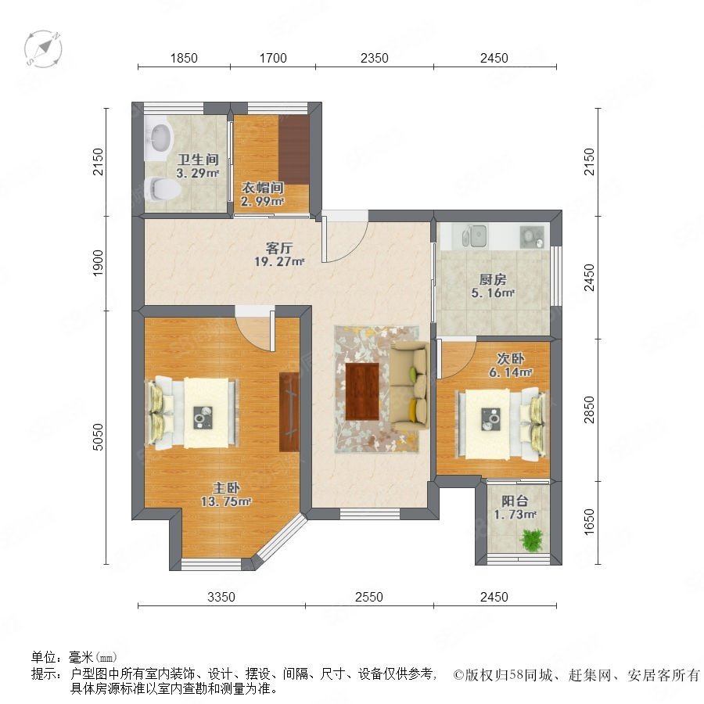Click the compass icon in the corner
tap(43, 49)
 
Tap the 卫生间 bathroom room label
tap(198, 160)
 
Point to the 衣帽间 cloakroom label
tap(262, 188)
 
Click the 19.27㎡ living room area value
tap(279, 261)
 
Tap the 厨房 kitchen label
tap(493, 280)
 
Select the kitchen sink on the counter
tap(475, 235)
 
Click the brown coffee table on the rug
tap(362, 392)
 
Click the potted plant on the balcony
tap(532, 540)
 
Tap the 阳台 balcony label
tap(515, 501)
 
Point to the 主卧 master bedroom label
tap(226, 488)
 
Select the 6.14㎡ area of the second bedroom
tap(511, 372)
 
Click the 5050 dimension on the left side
tap(98, 436)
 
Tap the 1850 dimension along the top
tap(184, 58)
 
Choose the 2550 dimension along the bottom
tap(369, 597)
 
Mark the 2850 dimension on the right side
tap(589, 410)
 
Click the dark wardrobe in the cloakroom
tap(294, 149)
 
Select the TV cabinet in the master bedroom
tap(289, 412)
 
